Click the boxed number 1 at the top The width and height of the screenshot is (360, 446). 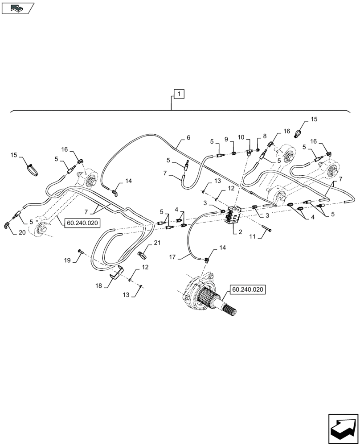click(179, 94)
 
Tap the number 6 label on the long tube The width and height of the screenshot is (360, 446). click(188, 138)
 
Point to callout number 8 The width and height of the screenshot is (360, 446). click(265, 136)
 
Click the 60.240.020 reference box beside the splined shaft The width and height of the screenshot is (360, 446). click(247, 290)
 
